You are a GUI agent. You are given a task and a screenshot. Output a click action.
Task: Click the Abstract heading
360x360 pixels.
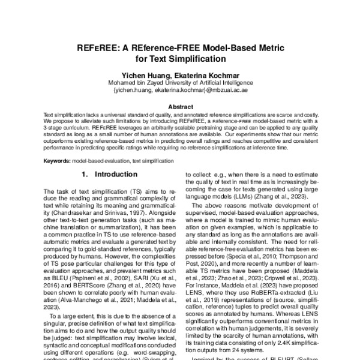point(180,107)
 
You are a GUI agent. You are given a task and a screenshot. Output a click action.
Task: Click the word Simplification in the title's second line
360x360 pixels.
point(202,59)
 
